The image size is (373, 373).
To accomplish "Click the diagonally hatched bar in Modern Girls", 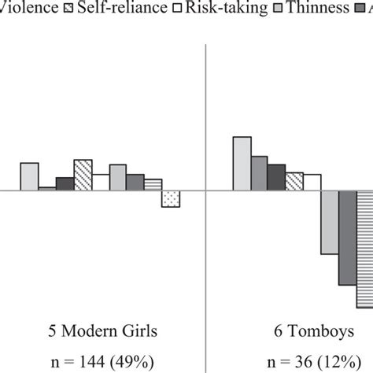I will click(83, 174).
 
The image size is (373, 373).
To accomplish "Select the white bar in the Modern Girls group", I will click(100, 182).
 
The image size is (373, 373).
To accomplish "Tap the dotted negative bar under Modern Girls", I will click(171, 198).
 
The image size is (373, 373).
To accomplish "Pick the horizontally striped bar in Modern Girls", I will click(153, 184).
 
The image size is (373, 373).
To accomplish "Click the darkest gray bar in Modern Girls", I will click(65, 183).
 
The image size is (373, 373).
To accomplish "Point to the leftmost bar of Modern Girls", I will click(29, 176).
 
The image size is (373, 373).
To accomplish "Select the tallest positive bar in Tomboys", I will click(242, 163).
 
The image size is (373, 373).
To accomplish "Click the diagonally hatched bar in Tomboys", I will click(294, 181).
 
